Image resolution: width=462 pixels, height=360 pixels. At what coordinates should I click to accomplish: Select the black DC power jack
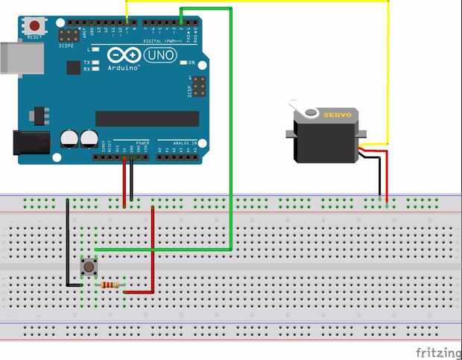tap(30, 144)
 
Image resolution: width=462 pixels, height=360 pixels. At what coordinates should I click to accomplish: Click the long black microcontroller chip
tap(147, 119)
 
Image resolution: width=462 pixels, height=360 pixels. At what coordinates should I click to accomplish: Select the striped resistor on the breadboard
tap(112, 285)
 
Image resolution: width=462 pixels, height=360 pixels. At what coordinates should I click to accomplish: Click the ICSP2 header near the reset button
tap(69, 35)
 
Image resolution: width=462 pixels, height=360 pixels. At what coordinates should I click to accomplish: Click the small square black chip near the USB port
tap(73, 67)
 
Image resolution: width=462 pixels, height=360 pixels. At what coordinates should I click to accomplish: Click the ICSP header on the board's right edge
tap(199, 88)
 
